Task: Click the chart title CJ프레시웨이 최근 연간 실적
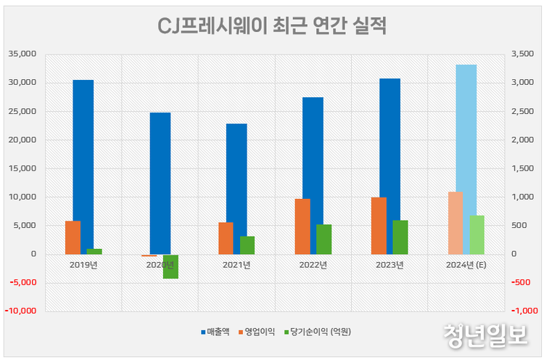[x=272, y=27]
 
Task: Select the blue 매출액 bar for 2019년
[x=83, y=167]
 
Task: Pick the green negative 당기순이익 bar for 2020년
[x=170, y=266]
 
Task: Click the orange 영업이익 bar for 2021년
[x=226, y=238]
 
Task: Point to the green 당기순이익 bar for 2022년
[x=323, y=240]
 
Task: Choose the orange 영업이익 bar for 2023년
[x=379, y=226]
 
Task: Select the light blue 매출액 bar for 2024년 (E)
[x=466, y=160]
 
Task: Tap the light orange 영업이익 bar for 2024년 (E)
[x=455, y=223]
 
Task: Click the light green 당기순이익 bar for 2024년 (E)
[x=477, y=234]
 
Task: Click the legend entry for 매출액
[x=215, y=332]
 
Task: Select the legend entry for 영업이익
[x=260, y=332]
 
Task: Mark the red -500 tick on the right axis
[x=522, y=283]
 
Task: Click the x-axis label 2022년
[x=313, y=265]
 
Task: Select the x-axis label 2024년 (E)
[x=465, y=265]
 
